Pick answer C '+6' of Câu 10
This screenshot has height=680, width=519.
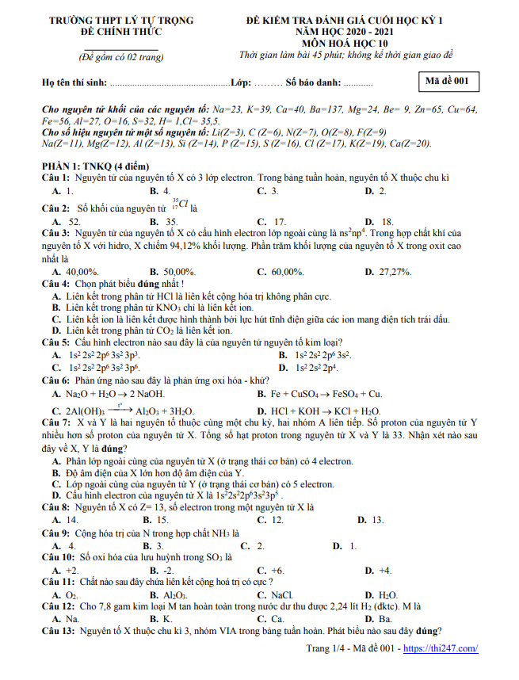pos(277,570)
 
